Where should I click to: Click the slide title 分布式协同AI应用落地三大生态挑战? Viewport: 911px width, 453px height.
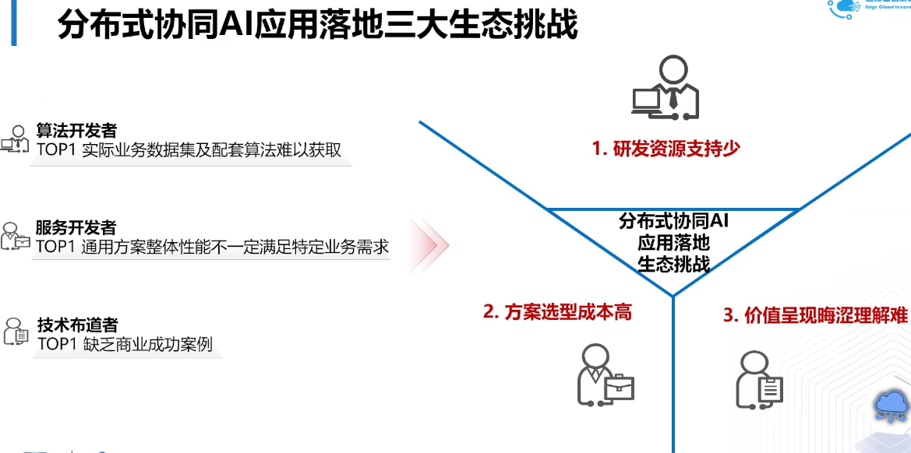(318, 24)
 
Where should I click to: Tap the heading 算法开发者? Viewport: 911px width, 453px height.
(76, 131)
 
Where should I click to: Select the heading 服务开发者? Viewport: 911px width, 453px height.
(76, 227)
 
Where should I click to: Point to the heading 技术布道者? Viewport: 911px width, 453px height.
(77, 325)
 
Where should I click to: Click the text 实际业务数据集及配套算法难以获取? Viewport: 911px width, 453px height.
(212, 150)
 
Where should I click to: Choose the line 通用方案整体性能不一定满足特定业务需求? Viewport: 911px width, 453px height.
(235, 248)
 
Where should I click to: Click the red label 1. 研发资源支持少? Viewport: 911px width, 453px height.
(666, 149)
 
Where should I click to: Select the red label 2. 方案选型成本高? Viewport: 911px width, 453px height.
(556, 312)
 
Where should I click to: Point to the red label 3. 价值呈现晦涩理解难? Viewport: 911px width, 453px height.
(815, 315)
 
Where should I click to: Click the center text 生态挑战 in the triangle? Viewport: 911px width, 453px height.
(673, 264)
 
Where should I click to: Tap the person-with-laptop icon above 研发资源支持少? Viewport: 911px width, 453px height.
(665, 88)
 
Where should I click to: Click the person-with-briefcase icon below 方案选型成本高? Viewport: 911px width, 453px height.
(604, 375)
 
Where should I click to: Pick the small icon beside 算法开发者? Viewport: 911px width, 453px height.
(15, 139)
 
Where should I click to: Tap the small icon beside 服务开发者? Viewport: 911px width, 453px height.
(15, 236)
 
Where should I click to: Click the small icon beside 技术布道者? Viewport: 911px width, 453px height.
(16, 332)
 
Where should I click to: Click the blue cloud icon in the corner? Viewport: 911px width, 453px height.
(891, 405)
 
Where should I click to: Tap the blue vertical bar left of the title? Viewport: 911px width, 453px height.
(12, 23)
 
